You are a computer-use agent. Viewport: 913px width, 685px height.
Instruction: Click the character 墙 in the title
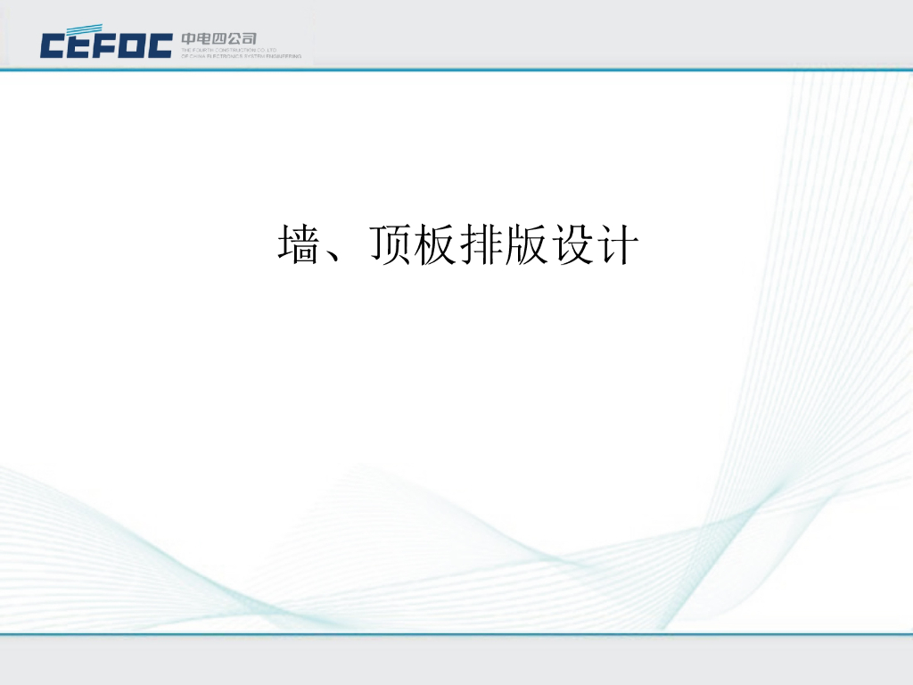click(300, 244)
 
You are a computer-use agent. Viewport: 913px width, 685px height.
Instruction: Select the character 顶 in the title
click(390, 244)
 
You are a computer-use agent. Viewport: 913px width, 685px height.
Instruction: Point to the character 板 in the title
click(435, 244)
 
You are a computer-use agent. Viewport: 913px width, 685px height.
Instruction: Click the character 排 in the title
click(481, 244)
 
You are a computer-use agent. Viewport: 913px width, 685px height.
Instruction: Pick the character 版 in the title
click(526, 244)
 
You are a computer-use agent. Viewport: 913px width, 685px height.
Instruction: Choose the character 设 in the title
click(572, 244)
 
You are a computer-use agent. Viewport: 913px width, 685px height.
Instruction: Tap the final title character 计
click(617, 244)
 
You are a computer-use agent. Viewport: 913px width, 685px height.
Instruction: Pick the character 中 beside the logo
click(189, 38)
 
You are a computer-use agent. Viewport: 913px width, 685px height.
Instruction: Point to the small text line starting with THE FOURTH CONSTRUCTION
click(230, 50)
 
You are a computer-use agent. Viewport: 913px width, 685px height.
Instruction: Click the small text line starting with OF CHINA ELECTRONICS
click(241, 55)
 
